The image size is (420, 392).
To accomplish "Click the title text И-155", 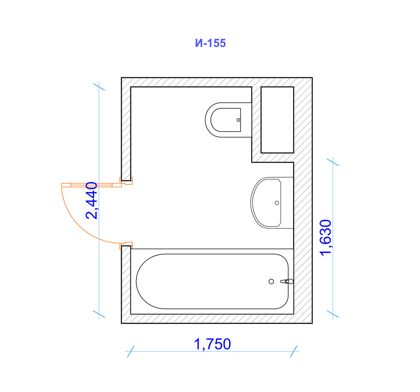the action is pos(210,43).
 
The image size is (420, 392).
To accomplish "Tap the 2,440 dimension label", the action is pos(91,200).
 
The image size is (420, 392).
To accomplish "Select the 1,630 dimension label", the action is pos(326,238).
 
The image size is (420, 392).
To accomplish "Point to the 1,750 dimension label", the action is pos(212,344).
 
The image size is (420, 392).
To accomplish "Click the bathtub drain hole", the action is pos(272,281).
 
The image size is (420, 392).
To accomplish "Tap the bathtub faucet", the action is pos(287,281).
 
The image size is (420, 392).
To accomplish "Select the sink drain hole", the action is pos(277,203).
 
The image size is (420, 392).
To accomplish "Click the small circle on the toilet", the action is pos(238,120).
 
